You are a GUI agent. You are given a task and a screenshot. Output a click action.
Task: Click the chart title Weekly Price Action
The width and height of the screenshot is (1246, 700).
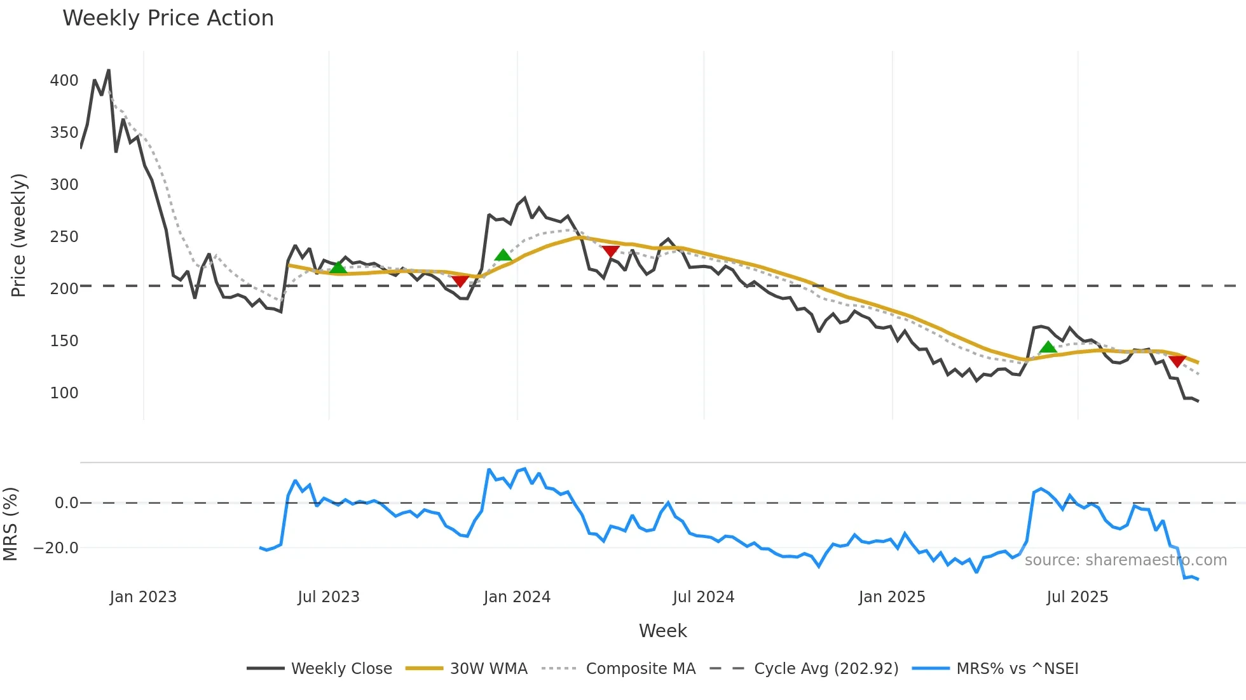click(x=168, y=18)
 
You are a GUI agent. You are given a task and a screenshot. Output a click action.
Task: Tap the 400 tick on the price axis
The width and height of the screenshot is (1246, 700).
click(x=64, y=81)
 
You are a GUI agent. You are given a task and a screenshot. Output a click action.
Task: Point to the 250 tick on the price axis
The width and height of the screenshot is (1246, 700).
click(x=64, y=237)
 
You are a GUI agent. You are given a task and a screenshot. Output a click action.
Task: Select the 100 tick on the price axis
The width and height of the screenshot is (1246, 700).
click(x=64, y=393)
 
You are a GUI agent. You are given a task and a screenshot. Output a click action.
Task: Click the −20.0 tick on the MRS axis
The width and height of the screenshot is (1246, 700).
click(x=56, y=548)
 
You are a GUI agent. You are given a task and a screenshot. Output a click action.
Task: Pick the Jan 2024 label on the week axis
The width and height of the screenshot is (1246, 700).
click(x=517, y=597)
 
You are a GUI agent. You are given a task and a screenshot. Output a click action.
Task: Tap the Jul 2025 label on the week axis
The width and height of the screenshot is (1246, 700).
click(x=1078, y=597)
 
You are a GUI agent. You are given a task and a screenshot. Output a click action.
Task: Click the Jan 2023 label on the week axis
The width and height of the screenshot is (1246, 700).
click(x=143, y=597)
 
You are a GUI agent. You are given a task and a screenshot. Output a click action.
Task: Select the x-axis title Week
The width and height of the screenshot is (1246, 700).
click(x=662, y=631)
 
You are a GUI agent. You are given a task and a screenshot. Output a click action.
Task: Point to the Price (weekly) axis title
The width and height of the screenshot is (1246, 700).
click(x=18, y=235)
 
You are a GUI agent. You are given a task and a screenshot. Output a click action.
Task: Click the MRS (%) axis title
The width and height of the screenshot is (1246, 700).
click(x=10, y=524)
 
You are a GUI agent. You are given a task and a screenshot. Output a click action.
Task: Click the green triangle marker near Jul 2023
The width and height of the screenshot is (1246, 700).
click(x=338, y=267)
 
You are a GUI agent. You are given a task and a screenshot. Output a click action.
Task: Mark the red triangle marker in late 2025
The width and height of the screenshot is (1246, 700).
click(x=1177, y=361)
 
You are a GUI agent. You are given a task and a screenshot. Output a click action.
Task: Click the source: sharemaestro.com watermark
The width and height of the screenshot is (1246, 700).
click(x=1125, y=560)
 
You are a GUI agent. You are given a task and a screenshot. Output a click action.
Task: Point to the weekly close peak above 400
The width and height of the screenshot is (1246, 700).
click(x=109, y=71)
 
